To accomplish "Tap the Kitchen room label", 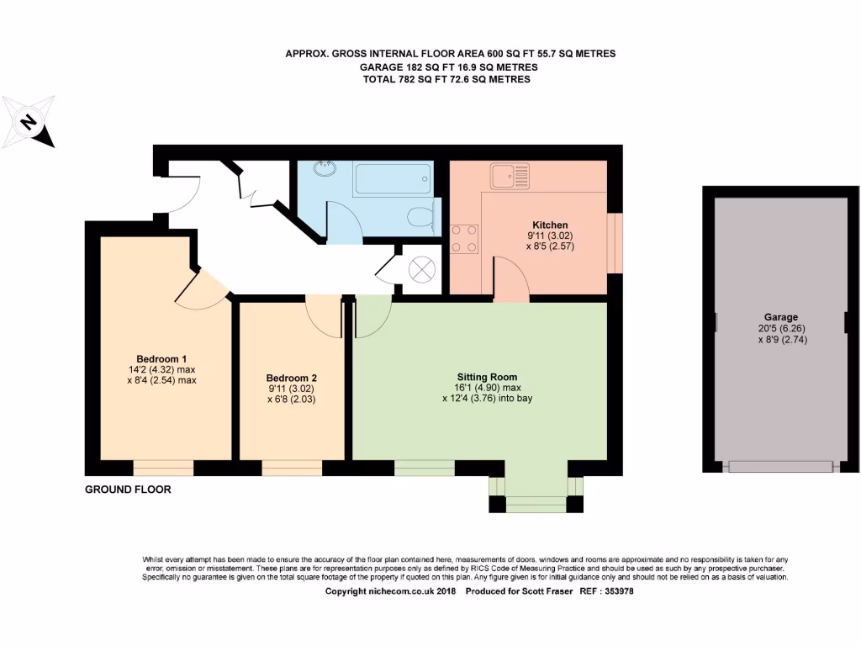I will pos(549,225).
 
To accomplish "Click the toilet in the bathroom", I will pos(421,218).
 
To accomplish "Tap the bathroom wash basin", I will pos(325,169).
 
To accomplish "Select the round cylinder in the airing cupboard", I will pos(421,269).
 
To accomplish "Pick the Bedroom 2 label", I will pos(291,378).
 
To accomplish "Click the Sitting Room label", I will pos(487,377).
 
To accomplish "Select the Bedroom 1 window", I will pos(163,469).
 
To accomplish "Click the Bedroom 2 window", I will pos(292,469).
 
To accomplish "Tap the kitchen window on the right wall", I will pos(615,243).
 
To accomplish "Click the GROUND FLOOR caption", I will pos(128,490).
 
